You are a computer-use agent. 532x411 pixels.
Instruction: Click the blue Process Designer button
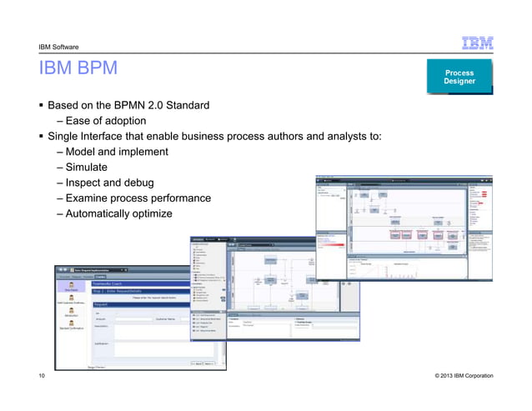point(459,77)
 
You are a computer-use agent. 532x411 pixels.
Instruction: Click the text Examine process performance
point(138,198)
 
